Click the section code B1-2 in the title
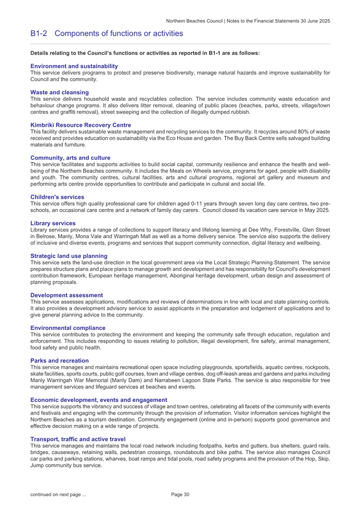pyautogui.click(x=40, y=34)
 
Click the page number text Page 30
pyautogui.click(x=180, y=495)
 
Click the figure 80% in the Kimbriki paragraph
pyautogui.click(x=294, y=132)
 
